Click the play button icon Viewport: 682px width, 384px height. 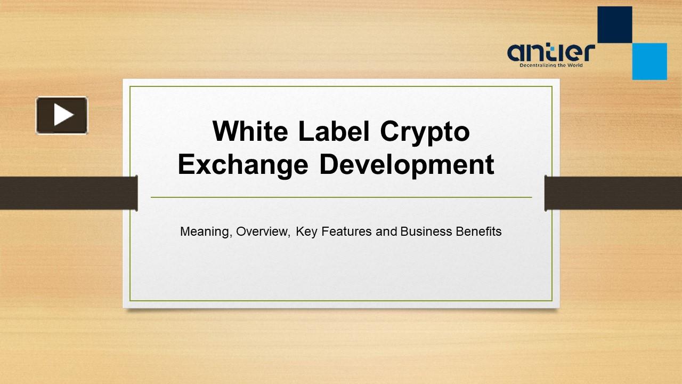click(x=62, y=115)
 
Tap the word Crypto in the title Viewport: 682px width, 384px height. click(x=425, y=132)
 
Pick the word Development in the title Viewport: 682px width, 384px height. click(x=407, y=165)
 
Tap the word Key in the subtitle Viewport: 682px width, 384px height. click(x=306, y=232)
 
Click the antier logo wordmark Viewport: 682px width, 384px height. click(x=551, y=53)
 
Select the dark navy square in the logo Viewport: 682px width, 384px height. click(x=614, y=25)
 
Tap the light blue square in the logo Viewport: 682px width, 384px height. click(x=649, y=61)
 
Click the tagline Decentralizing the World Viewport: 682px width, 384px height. click(x=551, y=66)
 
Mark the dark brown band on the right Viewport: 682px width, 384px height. click(x=613, y=193)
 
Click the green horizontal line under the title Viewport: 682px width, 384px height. click(x=341, y=197)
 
